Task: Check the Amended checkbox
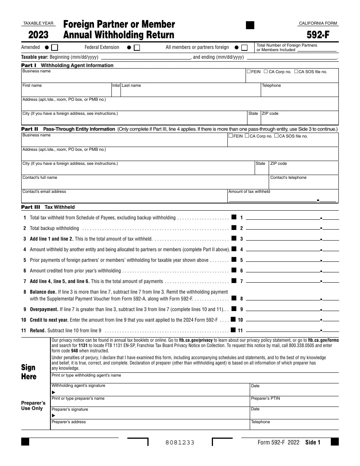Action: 55,47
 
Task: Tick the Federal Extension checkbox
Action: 137,47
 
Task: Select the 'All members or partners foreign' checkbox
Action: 244,47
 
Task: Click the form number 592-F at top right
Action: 318,35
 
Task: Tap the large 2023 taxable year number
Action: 38,35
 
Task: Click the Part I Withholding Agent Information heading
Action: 67,65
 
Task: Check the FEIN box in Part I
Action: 249,71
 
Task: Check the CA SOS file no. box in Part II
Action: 276,136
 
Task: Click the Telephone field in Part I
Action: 300,91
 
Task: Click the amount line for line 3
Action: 283,239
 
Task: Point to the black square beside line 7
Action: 234,281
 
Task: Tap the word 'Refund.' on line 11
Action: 38,330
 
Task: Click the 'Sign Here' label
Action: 29,372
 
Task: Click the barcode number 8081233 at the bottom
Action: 180,443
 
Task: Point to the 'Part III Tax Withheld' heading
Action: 48,207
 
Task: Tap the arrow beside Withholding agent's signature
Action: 53,392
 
